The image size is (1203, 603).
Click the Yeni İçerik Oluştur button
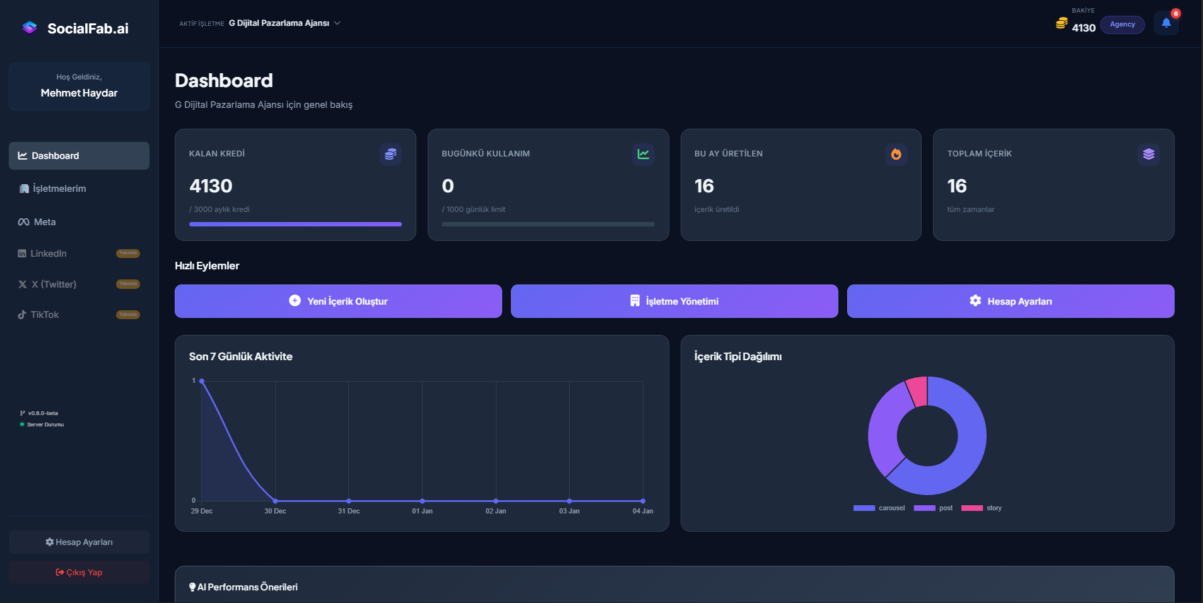coord(338,301)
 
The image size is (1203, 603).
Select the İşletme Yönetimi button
coord(674,301)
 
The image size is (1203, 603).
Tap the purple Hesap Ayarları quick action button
coord(1010,301)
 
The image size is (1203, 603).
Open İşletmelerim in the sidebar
coord(59,189)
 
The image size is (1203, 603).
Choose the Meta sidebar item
coord(44,222)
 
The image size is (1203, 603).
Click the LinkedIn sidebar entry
coord(48,254)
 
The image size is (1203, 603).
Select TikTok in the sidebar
coord(44,315)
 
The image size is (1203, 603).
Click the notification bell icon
coord(1166,23)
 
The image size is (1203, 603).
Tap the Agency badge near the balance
coord(1122,25)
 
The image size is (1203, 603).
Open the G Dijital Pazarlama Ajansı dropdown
coord(284,23)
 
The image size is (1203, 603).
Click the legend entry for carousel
coord(879,508)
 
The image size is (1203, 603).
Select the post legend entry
coord(934,508)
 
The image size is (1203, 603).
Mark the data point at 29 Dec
coord(202,381)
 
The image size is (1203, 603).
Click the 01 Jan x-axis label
coord(422,511)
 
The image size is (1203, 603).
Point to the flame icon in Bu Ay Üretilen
coord(896,154)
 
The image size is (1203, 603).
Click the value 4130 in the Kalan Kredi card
coord(211,186)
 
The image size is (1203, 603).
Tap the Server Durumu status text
coord(45,424)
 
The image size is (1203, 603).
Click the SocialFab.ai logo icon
coord(30,28)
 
